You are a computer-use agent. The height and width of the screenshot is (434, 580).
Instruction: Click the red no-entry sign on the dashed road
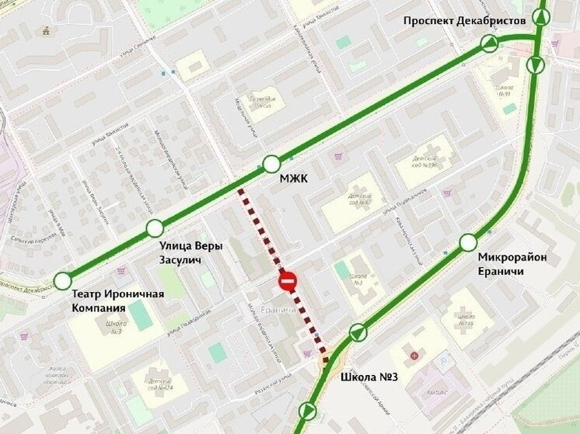click(x=288, y=281)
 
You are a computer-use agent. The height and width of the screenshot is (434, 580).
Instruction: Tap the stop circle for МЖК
click(x=271, y=164)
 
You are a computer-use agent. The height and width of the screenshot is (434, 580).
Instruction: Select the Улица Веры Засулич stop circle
click(x=155, y=228)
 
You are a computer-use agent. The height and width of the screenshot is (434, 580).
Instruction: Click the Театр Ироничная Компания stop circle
click(x=62, y=281)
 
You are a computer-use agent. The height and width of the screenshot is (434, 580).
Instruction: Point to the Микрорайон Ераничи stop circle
click(x=468, y=242)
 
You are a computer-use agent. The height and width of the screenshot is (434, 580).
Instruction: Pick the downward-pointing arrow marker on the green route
click(x=536, y=65)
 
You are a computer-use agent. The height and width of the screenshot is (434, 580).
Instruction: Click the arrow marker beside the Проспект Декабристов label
click(x=490, y=43)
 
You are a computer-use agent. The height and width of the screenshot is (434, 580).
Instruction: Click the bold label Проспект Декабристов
click(x=464, y=20)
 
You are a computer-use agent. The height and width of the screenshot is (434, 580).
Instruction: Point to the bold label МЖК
click(x=293, y=179)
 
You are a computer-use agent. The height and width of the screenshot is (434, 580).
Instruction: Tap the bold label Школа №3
click(x=369, y=378)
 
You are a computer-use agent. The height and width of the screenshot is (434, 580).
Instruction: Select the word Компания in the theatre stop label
click(x=99, y=307)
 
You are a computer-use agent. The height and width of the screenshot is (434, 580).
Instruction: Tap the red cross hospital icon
click(x=414, y=356)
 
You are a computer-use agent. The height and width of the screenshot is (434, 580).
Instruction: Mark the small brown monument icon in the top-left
click(x=48, y=31)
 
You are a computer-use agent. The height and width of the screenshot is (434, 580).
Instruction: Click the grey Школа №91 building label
click(x=506, y=91)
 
